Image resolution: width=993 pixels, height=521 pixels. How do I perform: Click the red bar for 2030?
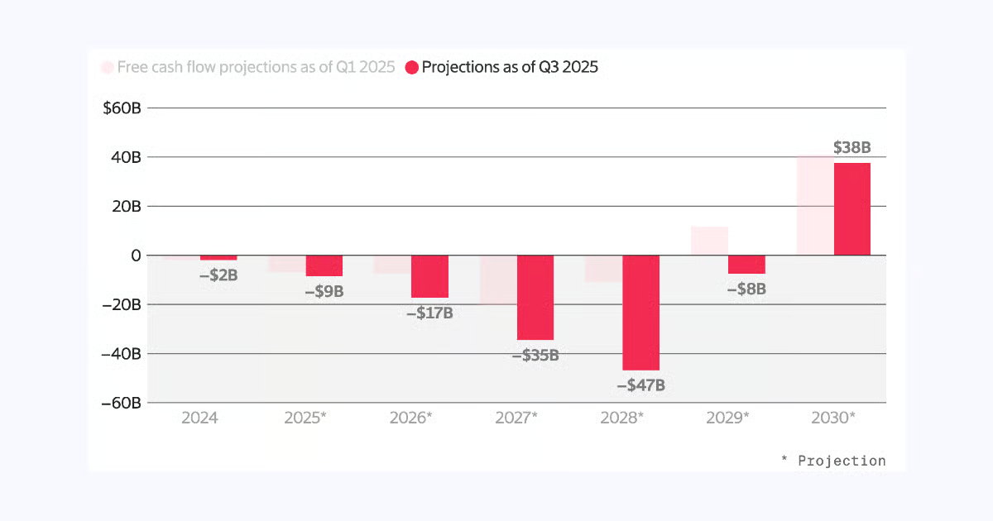[851, 209]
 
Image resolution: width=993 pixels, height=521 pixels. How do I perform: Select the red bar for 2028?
[640, 313]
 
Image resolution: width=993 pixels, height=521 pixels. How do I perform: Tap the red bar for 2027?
[535, 298]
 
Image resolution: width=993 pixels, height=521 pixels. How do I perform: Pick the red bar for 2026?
[429, 276]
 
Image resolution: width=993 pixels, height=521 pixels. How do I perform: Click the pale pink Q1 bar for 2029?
[709, 241]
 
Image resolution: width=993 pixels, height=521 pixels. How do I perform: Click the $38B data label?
[851, 148]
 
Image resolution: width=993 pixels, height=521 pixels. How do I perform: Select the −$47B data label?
[640, 385]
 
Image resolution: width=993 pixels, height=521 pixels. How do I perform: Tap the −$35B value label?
[535, 356]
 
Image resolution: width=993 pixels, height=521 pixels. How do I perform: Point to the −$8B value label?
[746, 289]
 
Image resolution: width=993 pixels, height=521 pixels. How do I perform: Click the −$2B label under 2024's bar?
[218, 275]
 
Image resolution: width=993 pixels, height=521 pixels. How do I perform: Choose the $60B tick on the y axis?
[122, 108]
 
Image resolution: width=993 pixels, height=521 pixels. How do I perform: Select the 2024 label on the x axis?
[199, 418]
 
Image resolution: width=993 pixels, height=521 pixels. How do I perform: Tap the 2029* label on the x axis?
[728, 418]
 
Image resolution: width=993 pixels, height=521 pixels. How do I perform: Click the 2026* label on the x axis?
[411, 418]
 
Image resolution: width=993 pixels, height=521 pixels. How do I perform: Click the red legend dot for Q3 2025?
[411, 68]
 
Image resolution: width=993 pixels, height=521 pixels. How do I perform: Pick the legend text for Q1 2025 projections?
[256, 68]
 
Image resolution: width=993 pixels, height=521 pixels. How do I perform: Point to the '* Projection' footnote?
[833, 461]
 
